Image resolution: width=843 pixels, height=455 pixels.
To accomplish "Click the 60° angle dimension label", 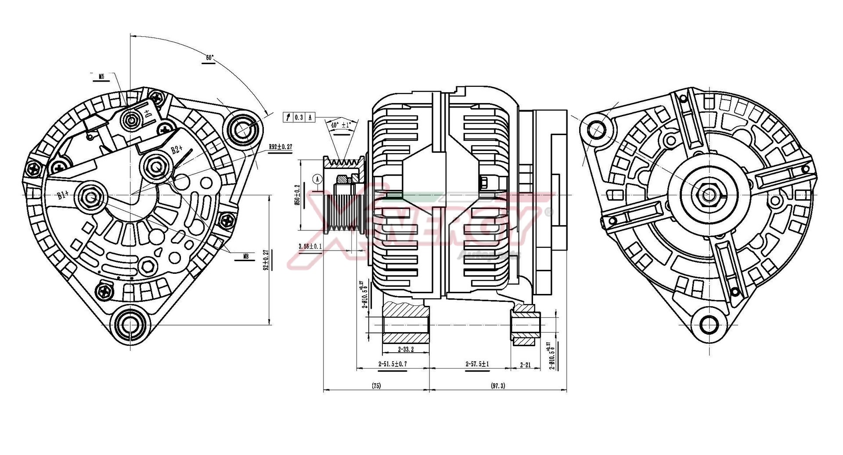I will (209, 57).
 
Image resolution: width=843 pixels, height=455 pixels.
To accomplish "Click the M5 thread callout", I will (101, 76).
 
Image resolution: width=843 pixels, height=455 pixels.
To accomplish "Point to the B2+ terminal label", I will (177, 149).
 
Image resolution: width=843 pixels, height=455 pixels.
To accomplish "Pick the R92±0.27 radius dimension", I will (281, 147).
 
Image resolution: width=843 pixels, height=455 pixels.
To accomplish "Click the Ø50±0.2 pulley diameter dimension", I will (297, 195).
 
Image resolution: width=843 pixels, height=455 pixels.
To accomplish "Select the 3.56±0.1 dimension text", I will (310, 246).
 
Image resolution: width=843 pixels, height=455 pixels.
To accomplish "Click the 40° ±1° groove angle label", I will (341, 125).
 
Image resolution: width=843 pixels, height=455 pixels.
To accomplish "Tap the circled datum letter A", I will (317, 179).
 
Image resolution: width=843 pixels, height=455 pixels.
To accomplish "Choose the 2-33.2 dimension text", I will (405, 350).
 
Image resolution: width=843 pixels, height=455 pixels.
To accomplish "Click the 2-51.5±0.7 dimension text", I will (392, 364).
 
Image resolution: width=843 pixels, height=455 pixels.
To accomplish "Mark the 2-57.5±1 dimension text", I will (477, 364).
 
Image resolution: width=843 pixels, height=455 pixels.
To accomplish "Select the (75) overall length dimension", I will (376, 386).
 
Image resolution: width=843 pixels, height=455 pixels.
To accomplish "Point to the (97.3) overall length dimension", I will (497, 386).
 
